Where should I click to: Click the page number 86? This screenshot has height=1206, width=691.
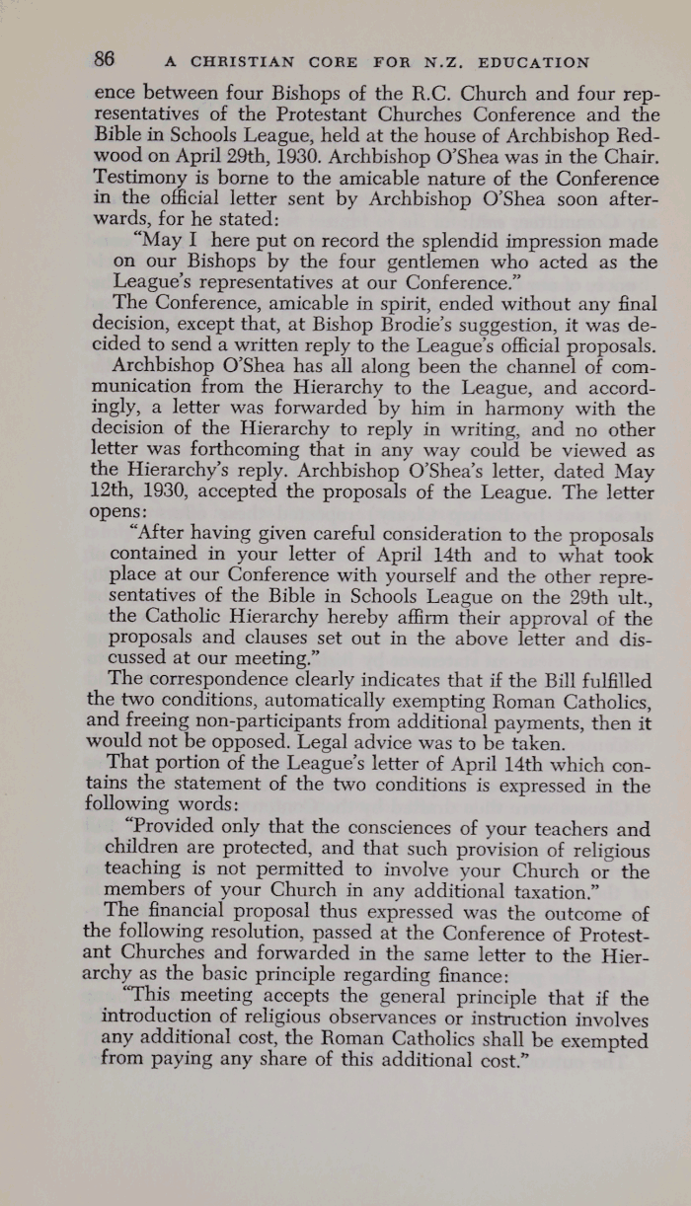click(105, 58)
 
